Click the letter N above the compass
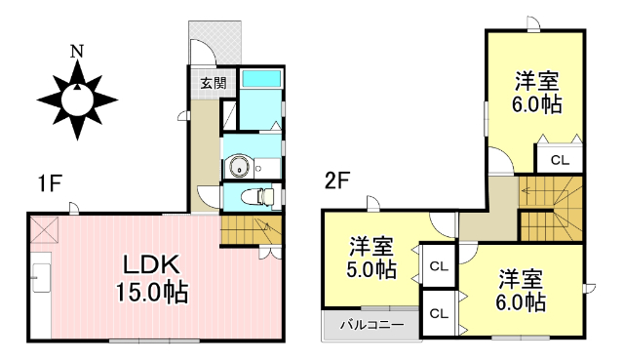(x=76, y=50)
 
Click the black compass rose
(x=77, y=99)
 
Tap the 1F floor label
(x=51, y=181)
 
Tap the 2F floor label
(x=337, y=181)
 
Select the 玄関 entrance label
(x=214, y=82)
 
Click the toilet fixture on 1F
(x=256, y=196)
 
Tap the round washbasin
(x=238, y=167)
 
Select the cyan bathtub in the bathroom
(x=260, y=79)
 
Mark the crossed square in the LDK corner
(x=45, y=230)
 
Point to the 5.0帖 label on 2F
(x=371, y=269)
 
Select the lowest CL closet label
(x=438, y=313)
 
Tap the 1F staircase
(x=250, y=230)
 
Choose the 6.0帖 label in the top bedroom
(x=538, y=103)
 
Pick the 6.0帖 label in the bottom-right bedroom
(x=520, y=302)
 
